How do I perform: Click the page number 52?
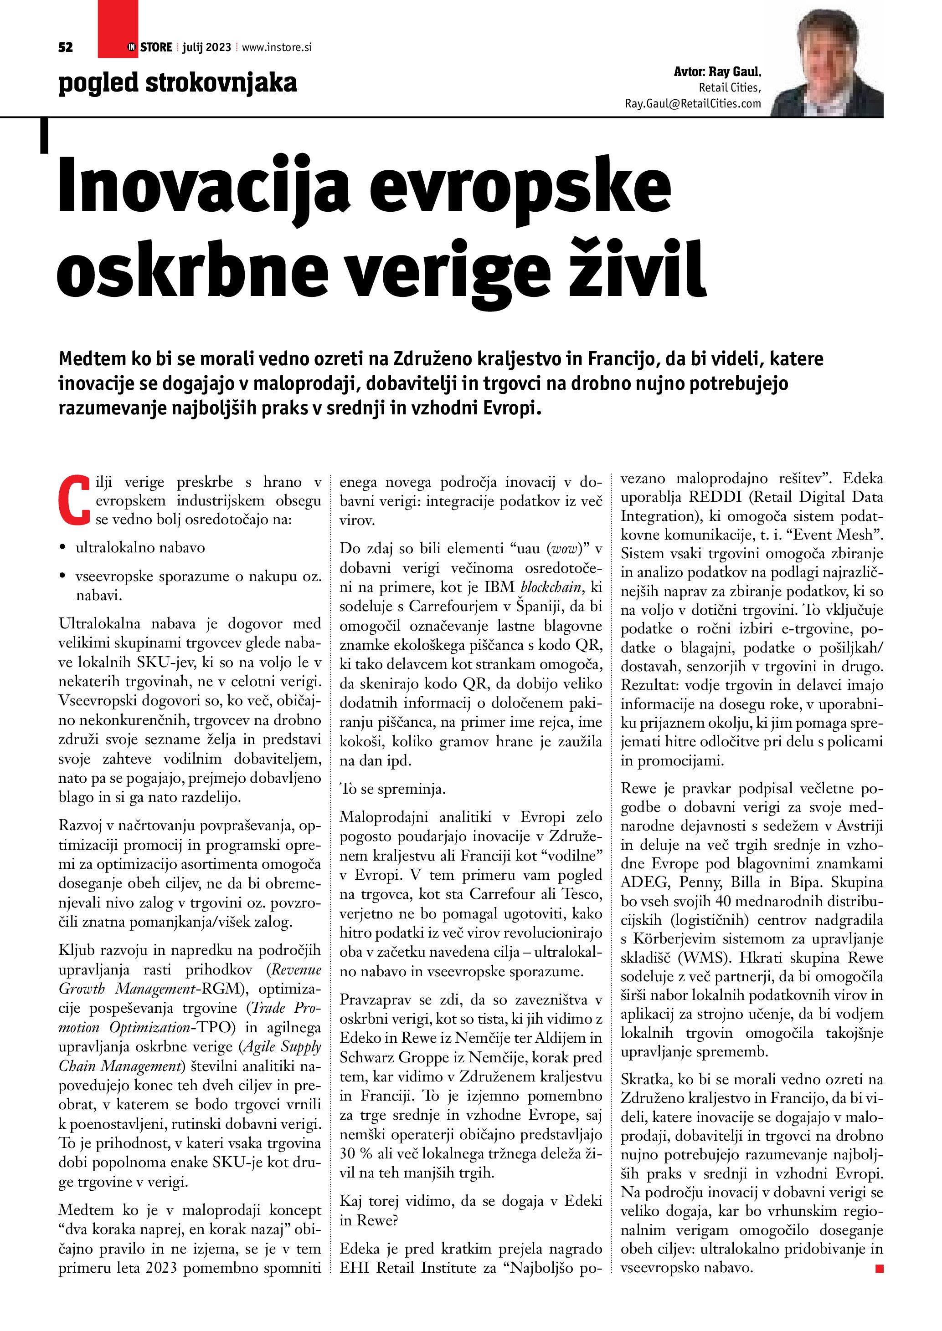pos(66,47)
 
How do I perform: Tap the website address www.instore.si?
pos(277,47)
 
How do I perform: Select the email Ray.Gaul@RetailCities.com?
pos(693,104)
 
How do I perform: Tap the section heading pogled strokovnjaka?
pos(177,83)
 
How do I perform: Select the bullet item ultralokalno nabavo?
pos(140,548)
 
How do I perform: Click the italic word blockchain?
pos(551,587)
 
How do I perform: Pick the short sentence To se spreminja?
pos(393,789)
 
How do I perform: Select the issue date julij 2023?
pos(206,47)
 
